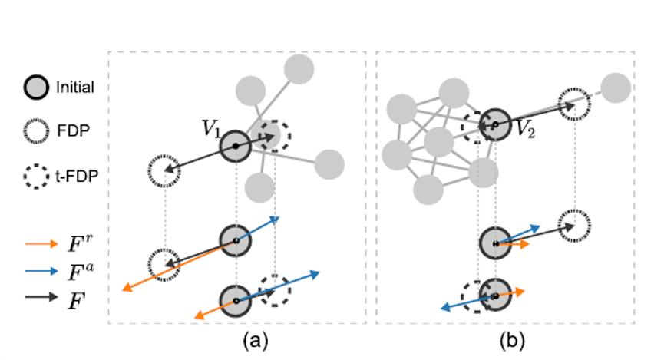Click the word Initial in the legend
click(x=74, y=88)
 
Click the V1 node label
click(x=212, y=128)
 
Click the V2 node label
click(x=525, y=128)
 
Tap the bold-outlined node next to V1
click(x=236, y=146)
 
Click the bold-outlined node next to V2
click(x=495, y=124)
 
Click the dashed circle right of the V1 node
click(x=275, y=136)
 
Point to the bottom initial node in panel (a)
click(x=236, y=300)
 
